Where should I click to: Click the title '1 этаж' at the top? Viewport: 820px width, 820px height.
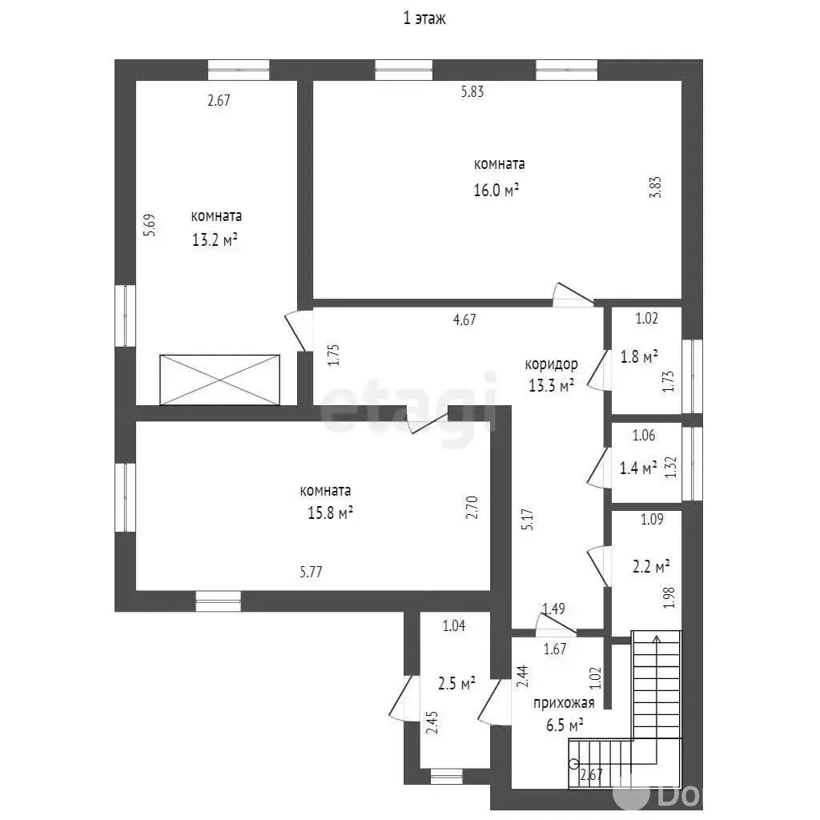tap(424, 19)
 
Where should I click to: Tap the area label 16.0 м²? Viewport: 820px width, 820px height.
tap(496, 190)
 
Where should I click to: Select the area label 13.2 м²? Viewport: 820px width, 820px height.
tap(215, 240)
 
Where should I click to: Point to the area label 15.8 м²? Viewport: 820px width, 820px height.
tap(330, 512)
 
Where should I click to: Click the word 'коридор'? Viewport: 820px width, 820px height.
tap(551, 364)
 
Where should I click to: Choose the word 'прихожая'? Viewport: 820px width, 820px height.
tap(564, 703)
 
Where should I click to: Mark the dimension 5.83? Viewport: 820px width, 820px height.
tap(472, 91)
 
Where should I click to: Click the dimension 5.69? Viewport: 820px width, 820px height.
tap(150, 225)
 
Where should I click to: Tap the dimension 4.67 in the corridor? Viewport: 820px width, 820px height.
tap(464, 320)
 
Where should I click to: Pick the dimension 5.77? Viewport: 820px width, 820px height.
tap(311, 572)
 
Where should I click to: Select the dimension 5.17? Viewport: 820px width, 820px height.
tap(528, 520)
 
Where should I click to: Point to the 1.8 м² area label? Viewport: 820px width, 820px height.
tap(639, 356)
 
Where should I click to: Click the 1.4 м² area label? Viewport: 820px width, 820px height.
tap(638, 468)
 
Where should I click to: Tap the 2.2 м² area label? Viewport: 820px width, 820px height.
tap(652, 567)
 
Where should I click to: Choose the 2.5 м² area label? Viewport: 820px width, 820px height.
tap(456, 684)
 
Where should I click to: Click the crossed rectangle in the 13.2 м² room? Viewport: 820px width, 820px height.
tap(219, 380)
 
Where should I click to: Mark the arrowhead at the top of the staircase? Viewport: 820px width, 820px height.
tap(657, 638)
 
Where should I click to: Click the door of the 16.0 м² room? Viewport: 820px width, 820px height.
tap(573, 295)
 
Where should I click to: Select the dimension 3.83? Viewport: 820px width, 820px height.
tap(655, 187)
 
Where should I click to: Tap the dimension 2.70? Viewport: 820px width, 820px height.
tap(472, 507)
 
